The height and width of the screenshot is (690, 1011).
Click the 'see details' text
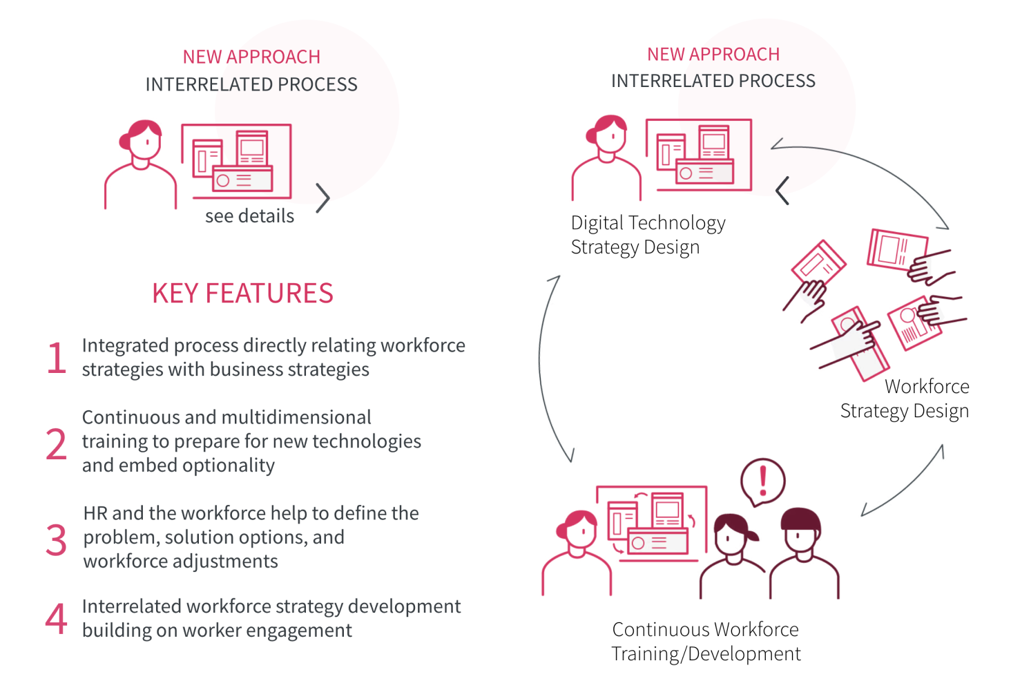249,216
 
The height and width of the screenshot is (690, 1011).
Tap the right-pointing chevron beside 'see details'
322,198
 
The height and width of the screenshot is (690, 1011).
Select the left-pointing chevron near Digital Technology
782,191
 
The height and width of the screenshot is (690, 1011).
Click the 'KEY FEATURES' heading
242,294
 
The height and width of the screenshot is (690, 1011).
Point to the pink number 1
57,358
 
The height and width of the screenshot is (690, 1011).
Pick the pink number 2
57,444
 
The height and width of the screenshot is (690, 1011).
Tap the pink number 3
57,540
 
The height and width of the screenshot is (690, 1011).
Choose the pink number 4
57,618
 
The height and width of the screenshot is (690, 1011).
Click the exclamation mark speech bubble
763,481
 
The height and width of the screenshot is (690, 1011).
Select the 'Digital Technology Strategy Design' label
648,235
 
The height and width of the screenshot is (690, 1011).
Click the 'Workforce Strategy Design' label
905,399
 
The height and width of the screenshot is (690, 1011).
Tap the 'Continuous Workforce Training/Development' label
706,642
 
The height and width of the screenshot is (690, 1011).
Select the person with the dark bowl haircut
802,553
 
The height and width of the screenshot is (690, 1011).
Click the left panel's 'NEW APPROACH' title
251,57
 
